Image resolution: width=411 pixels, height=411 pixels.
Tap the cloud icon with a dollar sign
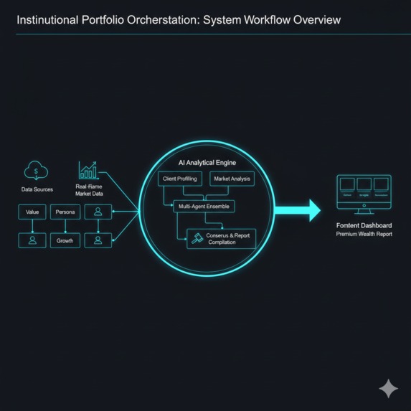pyautogui.click(x=35, y=171)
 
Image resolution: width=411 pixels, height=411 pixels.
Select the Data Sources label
pyautogui.click(x=36, y=189)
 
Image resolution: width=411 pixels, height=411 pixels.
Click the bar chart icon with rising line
pyautogui.click(x=89, y=170)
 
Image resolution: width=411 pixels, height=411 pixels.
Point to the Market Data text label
pyautogui.click(x=90, y=193)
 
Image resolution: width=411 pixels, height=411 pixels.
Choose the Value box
pyautogui.click(x=32, y=212)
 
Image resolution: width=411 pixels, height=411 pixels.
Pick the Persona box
pyautogui.click(x=65, y=212)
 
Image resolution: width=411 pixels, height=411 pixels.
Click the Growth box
pyautogui.click(x=65, y=240)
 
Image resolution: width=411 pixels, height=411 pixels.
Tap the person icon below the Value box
pyautogui.click(x=32, y=240)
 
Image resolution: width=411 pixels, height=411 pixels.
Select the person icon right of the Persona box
pyautogui.click(x=98, y=212)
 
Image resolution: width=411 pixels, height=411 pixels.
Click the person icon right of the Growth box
pyautogui.click(x=98, y=240)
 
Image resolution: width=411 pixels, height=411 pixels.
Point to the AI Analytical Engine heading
pyautogui.click(x=207, y=163)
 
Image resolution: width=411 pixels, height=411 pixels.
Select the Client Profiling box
pyautogui.click(x=179, y=178)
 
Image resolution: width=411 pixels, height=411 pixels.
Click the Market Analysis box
pyautogui.click(x=231, y=178)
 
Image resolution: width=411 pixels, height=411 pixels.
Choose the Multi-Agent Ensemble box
pyautogui.click(x=204, y=206)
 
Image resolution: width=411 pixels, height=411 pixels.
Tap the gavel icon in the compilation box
pyautogui.click(x=195, y=238)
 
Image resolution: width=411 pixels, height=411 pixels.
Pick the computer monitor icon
pyautogui.click(x=364, y=193)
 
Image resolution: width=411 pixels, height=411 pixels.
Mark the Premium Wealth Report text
pyautogui.click(x=364, y=235)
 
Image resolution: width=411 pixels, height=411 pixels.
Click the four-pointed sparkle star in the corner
pyautogui.click(x=388, y=388)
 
